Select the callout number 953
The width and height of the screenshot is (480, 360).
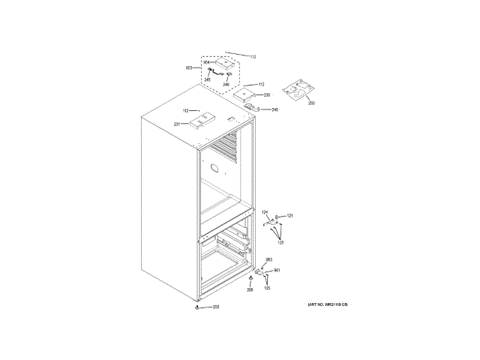(189, 68)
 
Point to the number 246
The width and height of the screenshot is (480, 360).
(226, 85)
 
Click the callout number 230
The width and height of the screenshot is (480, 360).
(266, 95)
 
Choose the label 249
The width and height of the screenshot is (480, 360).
(274, 110)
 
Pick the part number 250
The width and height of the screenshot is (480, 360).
(311, 102)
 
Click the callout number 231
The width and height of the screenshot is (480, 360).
(178, 124)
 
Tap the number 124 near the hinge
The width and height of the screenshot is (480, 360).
(264, 214)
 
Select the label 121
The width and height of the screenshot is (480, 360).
(289, 216)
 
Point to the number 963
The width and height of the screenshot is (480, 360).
(268, 259)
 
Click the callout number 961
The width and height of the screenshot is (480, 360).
(276, 270)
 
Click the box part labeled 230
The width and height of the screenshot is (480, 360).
(244, 94)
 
